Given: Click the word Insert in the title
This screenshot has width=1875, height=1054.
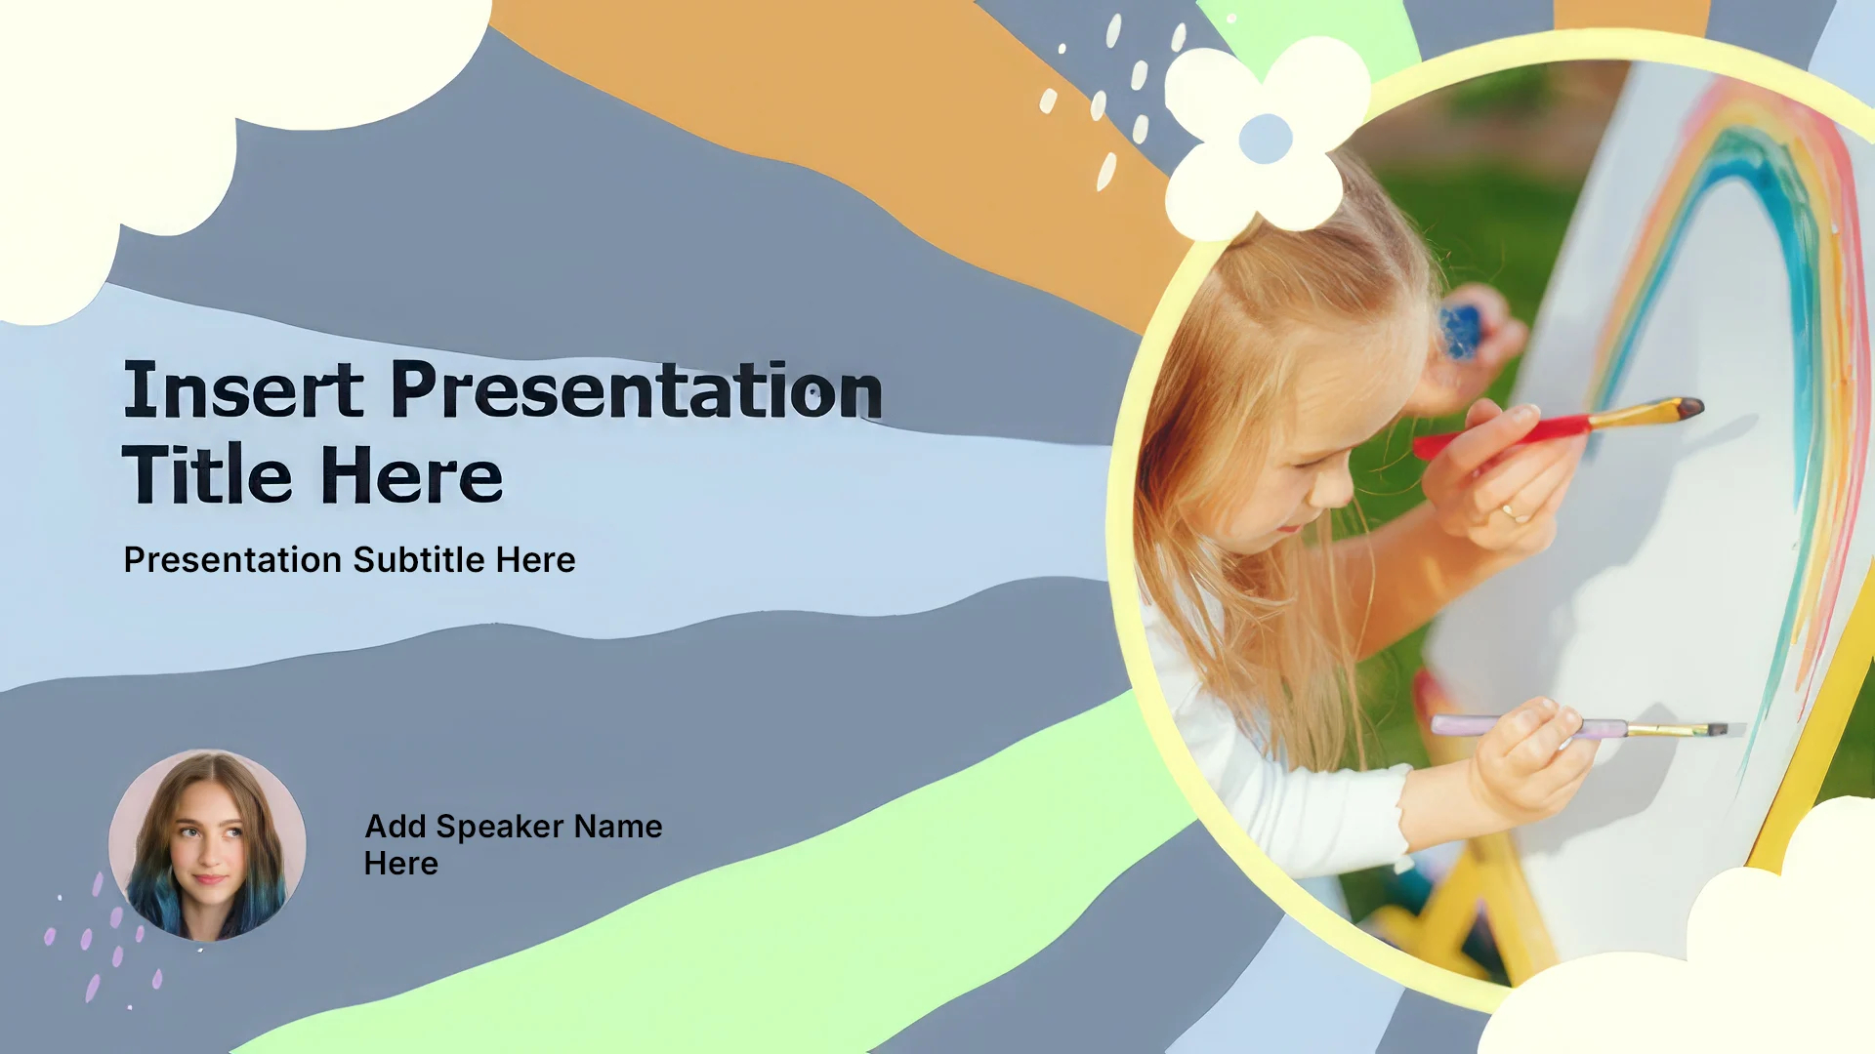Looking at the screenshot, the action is pyautogui.click(x=243, y=389).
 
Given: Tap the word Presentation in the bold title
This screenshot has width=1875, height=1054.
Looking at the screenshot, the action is pyautogui.click(x=637, y=389).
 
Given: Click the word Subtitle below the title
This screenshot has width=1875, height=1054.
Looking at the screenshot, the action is pyautogui.click(x=419, y=559).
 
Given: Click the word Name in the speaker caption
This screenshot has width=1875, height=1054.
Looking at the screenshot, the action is pyautogui.click(x=619, y=827).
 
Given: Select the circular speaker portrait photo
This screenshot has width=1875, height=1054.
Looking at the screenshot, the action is pyautogui.click(x=207, y=845).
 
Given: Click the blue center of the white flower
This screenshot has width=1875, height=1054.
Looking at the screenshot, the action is pyautogui.click(x=1266, y=139).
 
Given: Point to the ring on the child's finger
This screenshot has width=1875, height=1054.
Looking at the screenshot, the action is pyautogui.click(x=1515, y=512).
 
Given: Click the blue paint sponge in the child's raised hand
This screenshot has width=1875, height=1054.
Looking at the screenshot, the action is pyautogui.click(x=1460, y=332).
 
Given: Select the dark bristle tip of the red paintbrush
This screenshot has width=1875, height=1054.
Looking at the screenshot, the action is pyautogui.click(x=1690, y=407).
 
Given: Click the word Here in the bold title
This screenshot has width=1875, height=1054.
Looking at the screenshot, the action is pyautogui.click(x=411, y=475).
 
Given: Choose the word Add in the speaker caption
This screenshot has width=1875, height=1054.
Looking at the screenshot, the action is pyautogui.click(x=396, y=827).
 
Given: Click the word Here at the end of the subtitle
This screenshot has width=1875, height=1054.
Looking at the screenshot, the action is pyautogui.click(x=535, y=560).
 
